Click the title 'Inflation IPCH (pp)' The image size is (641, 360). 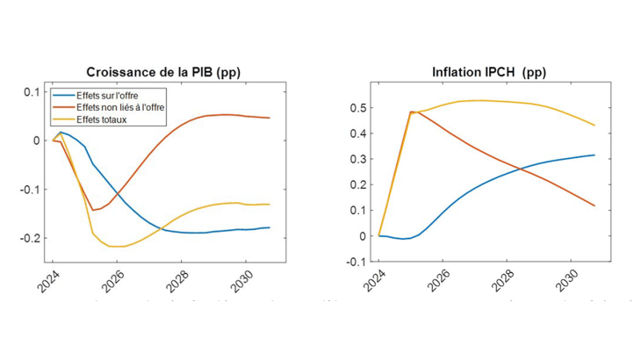point(483,72)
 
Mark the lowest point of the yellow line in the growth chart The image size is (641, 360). point(116,247)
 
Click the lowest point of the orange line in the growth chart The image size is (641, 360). point(94,210)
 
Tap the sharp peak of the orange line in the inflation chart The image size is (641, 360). point(411,112)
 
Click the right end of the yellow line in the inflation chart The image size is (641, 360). point(594,126)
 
